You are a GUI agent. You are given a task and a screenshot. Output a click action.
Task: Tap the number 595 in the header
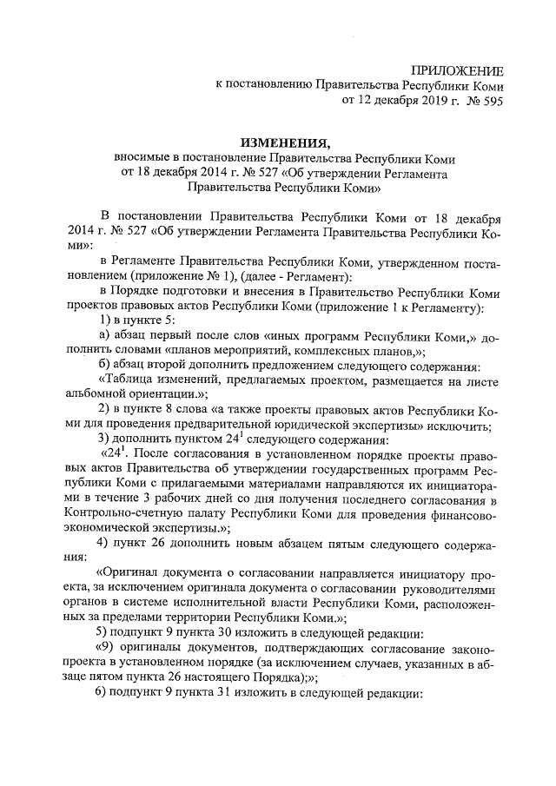point(490,101)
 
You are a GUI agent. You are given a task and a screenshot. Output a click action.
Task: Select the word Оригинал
point(130,574)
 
